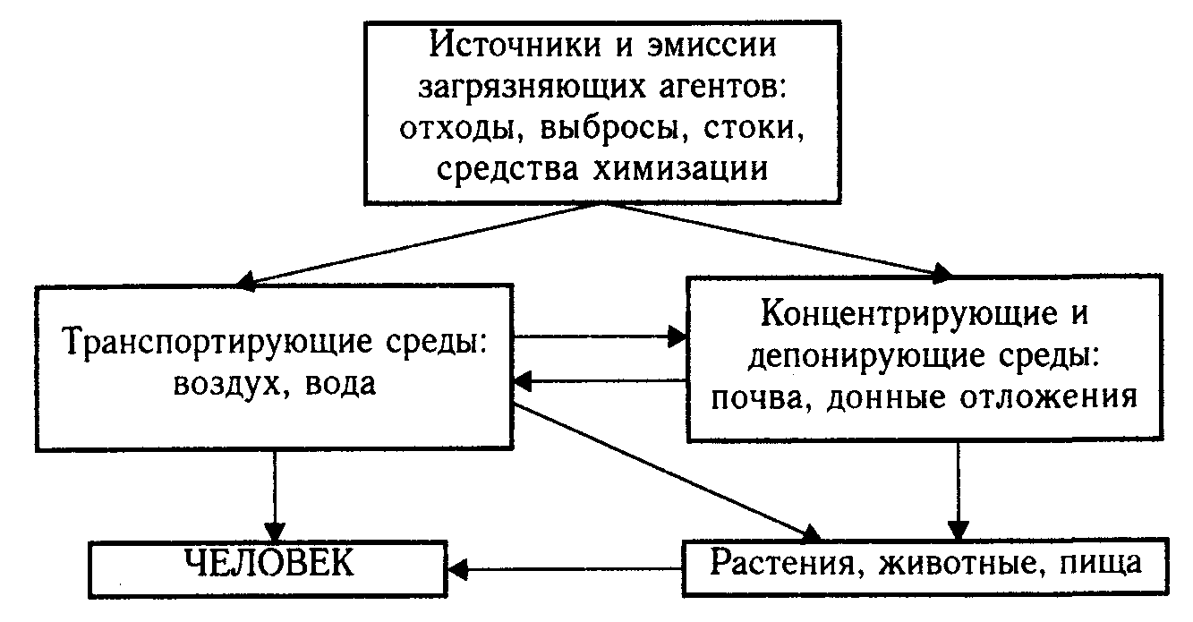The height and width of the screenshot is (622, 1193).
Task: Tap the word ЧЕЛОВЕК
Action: tap(268, 564)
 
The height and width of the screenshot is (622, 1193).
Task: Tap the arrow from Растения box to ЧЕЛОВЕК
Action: tap(564, 567)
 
